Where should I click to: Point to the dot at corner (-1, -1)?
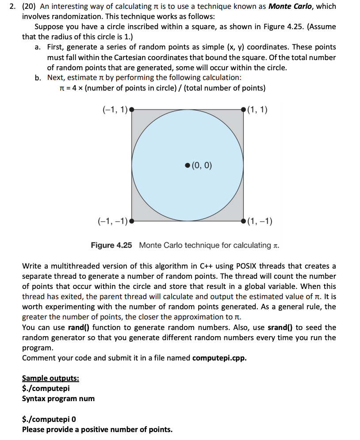click(131, 221)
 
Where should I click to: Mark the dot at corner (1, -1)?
click(244, 221)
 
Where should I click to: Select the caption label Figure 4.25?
click(111, 245)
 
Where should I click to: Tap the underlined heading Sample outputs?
click(51, 379)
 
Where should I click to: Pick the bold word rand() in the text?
click(79, 327)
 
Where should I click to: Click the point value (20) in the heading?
click(30, 6)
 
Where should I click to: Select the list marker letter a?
click(38, 47)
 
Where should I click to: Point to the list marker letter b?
click(38, 77)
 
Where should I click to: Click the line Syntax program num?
click(58, 398)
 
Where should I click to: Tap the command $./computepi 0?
click(49, 419)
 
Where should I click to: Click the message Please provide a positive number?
click(97, 429)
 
